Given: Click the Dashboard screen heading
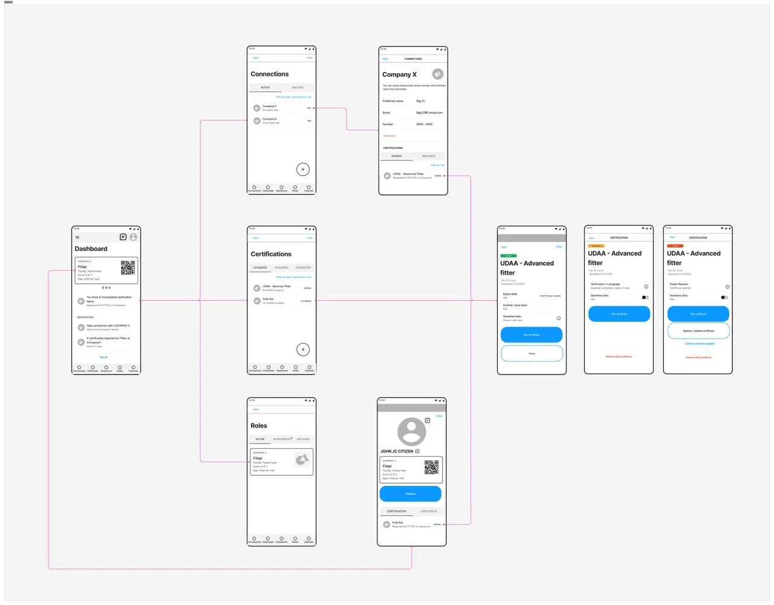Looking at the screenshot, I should coord(91,249).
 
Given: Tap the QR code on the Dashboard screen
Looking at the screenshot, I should coord(128,267).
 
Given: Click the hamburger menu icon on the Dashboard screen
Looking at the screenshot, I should coord(77,237).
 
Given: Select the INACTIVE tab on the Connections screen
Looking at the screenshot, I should coord(298,88).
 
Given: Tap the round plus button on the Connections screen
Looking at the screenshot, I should coord(303,169).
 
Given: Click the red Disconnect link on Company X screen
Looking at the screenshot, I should coord(389,136).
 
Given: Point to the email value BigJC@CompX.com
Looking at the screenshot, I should coord(429,113).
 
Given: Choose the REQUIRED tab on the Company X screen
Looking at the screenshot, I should coord(429,156).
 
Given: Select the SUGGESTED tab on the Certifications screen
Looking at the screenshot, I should coord(303,267).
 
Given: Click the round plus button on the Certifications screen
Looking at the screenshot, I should coord(303,350).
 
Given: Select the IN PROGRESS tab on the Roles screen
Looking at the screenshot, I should coord(282,439).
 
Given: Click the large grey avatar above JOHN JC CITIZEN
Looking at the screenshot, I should coord(411,431).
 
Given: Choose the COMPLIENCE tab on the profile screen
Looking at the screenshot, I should coord(429,511).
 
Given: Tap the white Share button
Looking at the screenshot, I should coord(532,353).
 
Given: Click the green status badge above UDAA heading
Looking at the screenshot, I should coord(509,256).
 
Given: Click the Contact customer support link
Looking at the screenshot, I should coord(700,344).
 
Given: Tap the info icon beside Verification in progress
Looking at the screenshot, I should coord(646,286).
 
